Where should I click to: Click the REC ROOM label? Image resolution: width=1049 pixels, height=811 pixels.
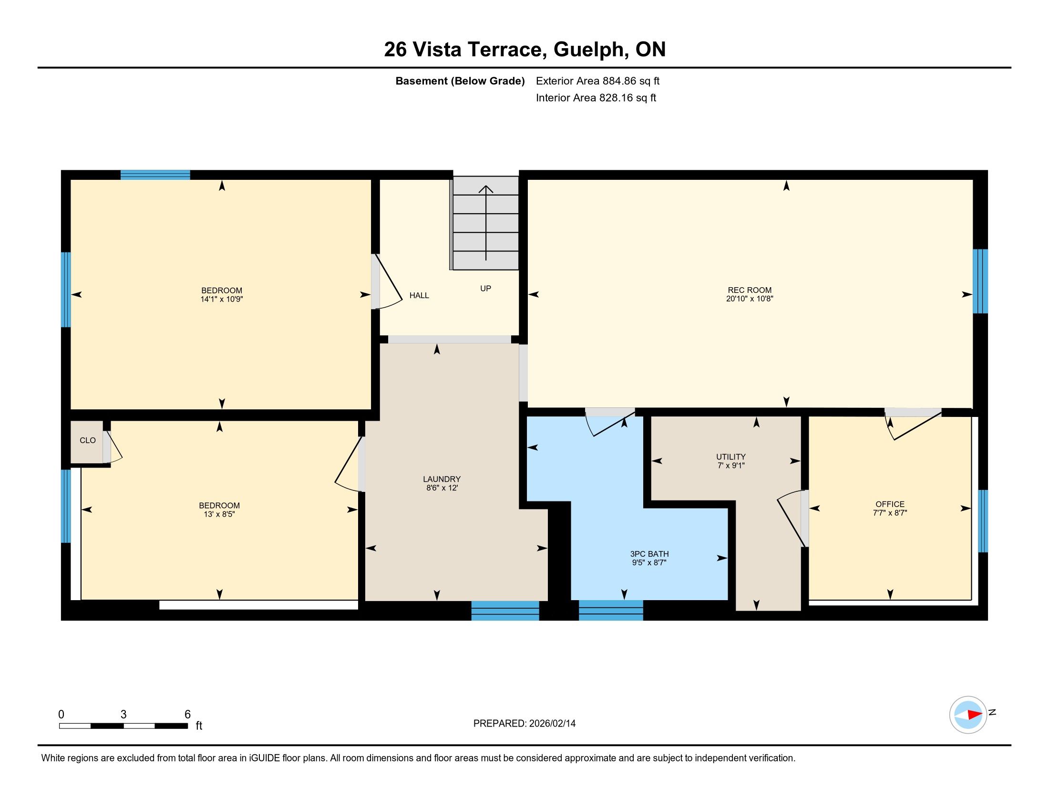(749, 290)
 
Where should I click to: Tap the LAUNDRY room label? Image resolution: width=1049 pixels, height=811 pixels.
(442, 479)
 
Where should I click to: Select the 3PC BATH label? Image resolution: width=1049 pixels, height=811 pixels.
(649, 554)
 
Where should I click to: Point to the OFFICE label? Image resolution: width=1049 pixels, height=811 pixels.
(890, 504)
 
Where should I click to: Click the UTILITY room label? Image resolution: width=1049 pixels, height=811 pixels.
(731, 457)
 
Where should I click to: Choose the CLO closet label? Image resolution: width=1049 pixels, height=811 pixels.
(87, 440)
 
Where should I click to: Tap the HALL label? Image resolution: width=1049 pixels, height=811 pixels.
(419, 295)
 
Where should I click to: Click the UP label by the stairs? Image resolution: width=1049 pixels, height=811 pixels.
(485, 288)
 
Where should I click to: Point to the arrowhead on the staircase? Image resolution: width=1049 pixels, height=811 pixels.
(486, 189)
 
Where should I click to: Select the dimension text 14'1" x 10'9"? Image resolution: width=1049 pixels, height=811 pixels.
(221, 299)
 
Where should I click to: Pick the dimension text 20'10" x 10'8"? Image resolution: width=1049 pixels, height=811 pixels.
(749, 298)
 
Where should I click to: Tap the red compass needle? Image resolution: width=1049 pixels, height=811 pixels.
(974, 715)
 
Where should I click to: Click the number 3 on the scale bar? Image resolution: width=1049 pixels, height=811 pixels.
(123, 715)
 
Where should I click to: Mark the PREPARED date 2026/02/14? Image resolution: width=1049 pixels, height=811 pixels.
(552, 724)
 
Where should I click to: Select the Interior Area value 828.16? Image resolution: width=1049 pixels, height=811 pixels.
(615, 97)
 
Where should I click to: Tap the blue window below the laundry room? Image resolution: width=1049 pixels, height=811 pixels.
(505, 611)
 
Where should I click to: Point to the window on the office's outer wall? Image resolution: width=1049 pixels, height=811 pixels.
(983, 521)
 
